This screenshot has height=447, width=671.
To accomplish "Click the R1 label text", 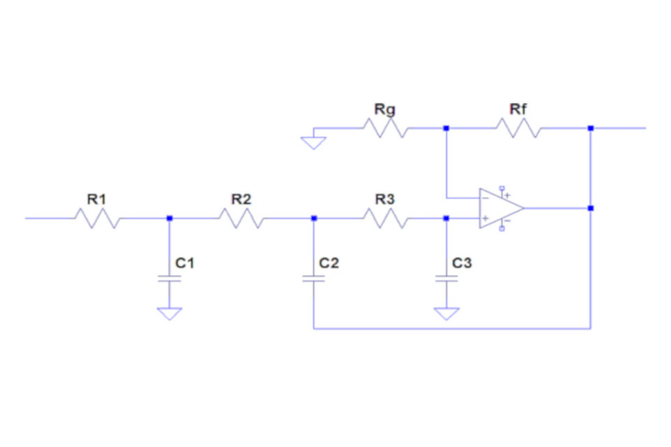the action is coord(96,199).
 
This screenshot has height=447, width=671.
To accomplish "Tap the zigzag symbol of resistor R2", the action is coord(241,218).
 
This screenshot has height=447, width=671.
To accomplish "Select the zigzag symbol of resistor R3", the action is coord(386,218).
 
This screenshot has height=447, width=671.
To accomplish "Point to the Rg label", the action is coord(384,110).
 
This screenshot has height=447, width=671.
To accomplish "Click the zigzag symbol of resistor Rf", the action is coord(518,128).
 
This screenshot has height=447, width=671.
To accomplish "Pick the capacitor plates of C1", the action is coord(169,279).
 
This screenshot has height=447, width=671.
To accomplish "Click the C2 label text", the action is coord(329,263).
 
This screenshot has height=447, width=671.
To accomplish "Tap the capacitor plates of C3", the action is coord(447,279).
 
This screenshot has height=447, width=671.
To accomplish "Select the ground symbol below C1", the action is coord(169,314).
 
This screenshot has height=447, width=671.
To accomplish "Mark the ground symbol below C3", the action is coord(447,314).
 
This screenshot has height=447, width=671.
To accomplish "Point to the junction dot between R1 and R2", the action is coord(169,218).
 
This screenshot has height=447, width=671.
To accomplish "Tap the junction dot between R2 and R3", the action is coord(314,218).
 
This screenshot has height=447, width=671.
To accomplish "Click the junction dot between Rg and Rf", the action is coord(446,128).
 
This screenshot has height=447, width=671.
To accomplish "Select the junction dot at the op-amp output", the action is coord(591,208).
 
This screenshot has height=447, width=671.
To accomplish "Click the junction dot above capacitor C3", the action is coord(446,218).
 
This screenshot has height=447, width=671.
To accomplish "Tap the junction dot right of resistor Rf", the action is coord(591,128).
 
